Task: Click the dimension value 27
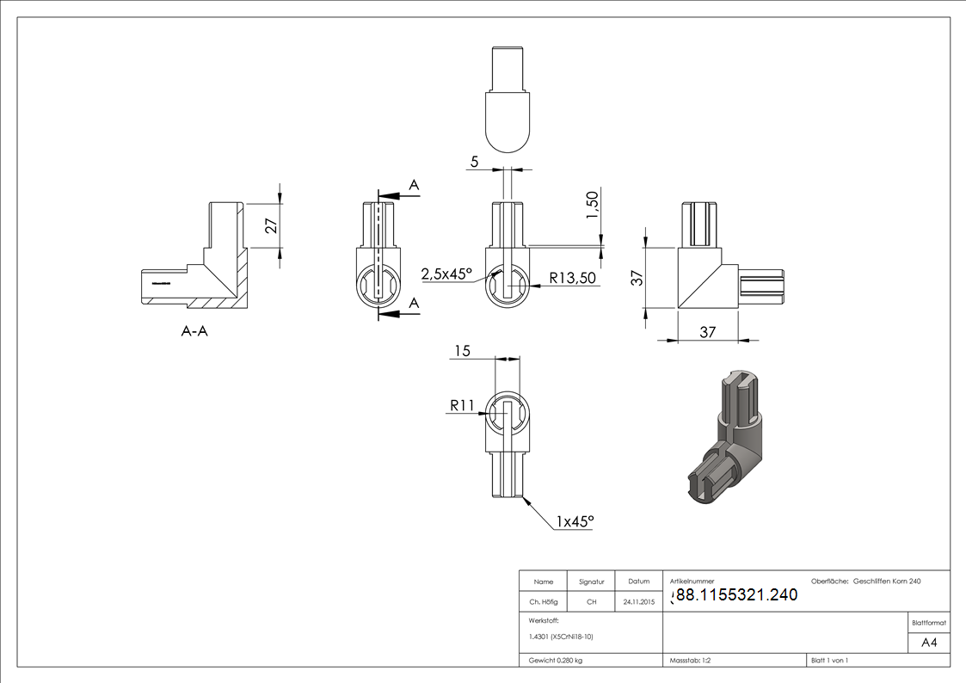pyautogui.click(x=271, y=225)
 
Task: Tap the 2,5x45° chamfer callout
pyautogui.click(x=446, y=274)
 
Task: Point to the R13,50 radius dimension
pyautogui.click(x=573, y=278)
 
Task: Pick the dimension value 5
pyautogui.click(x=474, y=160)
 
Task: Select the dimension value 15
pyautogui.click(x=462, y=350)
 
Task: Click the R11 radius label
pyautogui.click(x=462, y=405)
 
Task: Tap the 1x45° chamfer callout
pyautogui.click(x=575, y=521)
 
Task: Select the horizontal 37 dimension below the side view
pyautogui.click(x=707, y=332)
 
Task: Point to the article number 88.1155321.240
pyautogui.click(x=735, y=594)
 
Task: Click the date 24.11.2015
pyautogui.click(x=638, y=602)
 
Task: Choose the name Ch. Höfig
pyautogui.click(x=544, y=602)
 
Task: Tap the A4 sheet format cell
pyautogui.click(x=929, y=643)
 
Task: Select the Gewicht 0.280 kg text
pyautogui.click(x=555, y=660)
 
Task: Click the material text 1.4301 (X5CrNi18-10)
pyautogui.click(x=561, y=637)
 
